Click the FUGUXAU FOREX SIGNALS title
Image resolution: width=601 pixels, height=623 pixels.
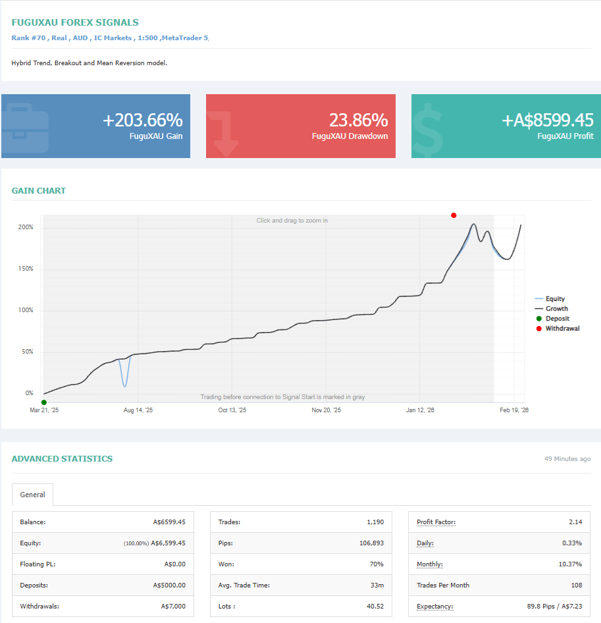pos(75,22)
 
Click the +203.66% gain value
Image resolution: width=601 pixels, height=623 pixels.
pos(142,120)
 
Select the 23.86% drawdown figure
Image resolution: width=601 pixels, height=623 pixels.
pos(358,120)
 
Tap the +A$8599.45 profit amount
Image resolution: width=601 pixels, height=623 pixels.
pos(547,120)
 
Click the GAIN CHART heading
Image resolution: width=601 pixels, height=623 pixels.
pos(39,191)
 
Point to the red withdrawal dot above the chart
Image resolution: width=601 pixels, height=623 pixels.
pos(454,215)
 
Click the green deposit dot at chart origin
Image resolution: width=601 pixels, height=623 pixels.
pos(44,402)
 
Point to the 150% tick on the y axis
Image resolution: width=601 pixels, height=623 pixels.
pos(26,269)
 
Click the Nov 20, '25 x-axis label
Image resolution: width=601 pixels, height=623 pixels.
pos(327,410)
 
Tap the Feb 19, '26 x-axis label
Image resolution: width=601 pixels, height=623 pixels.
pos(514,410)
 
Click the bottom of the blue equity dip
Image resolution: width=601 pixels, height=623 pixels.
pos(125,386)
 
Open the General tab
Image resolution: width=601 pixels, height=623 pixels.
pos(32,495)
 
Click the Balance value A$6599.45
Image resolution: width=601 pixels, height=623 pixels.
pos(169,522)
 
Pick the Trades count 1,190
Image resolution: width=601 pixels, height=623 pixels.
pos(375,522)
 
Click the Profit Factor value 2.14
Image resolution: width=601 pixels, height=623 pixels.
pos(575,522)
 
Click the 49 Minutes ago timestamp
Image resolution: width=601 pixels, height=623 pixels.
pos(567,459)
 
